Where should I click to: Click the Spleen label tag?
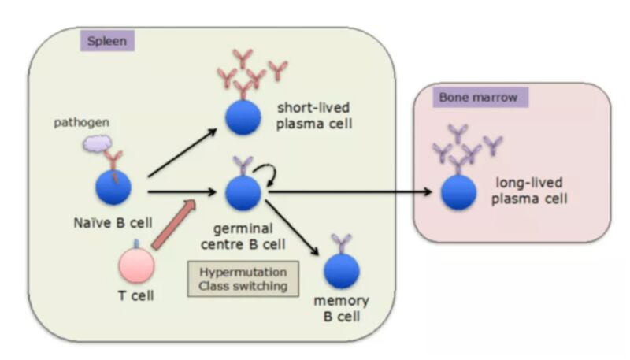coord(107,41)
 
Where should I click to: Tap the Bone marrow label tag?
coord(480,97)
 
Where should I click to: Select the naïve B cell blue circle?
coord(113,187)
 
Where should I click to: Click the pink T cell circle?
coord(136,265)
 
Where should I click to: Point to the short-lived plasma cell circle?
coord(243,117)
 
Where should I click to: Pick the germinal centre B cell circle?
coord(243,193)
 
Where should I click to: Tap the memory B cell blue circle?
coord(342,271)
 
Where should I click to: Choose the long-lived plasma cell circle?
coord(458,192)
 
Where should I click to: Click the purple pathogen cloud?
coord(97,143)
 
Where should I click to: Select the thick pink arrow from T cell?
coord(173,225)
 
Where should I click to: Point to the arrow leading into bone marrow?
coord(350,192)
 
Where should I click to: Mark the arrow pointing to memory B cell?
coord(292,228)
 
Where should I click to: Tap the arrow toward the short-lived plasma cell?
coord(183,153)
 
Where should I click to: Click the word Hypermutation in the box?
coord(243,272)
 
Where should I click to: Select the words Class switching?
coord(243,286)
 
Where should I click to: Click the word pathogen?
coord(82,123)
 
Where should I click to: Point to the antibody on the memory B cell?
coord(342,244)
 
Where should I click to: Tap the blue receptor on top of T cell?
coord(136,244)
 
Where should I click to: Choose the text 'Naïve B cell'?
coord(113,223)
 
